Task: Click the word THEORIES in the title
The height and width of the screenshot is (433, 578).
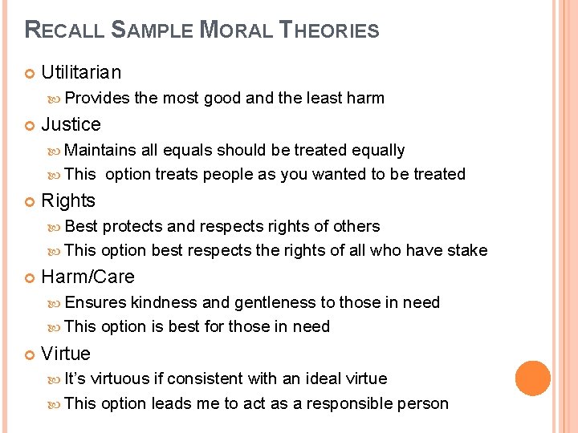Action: [x=328, y=31]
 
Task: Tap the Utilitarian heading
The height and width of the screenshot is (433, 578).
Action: [x=81, y=72]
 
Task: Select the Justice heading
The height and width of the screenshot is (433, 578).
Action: [x=71, y=124]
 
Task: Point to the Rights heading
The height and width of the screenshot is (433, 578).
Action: [x=68, y=200]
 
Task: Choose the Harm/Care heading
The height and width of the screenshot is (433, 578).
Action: [x=88, y=277]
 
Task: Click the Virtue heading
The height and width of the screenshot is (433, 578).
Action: [x=66, y=354]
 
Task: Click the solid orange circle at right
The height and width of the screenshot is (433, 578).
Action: [x=533, y=378]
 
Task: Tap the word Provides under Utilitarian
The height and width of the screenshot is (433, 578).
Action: [x=97, y=98]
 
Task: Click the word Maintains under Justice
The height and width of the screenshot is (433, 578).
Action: [x=100, y=150]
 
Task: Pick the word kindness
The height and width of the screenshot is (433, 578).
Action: [x=164, y=302]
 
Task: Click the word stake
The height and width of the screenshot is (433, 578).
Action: [x=468, y=250]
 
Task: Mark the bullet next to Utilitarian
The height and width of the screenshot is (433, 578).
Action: [x=30, y=73]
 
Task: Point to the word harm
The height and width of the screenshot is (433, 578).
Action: [x=365, y=98]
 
